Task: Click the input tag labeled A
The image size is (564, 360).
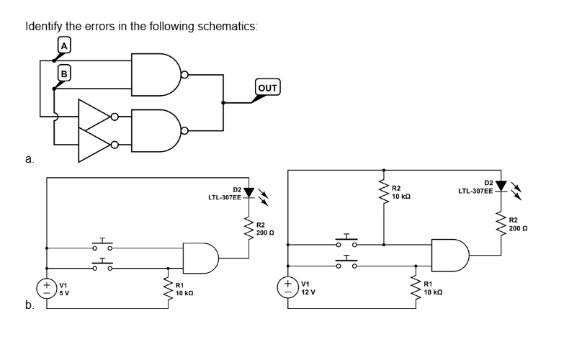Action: tap(64, 45)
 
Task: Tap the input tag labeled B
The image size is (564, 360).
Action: tap(64, 72)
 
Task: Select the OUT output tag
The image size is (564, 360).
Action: tap(267, 88)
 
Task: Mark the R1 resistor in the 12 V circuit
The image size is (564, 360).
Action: tap(416, 289)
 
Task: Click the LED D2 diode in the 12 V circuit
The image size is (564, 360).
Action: tap(501, 189)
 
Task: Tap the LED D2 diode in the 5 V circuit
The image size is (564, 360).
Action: tap(249, 193)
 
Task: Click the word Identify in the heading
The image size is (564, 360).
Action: tap(43, 27)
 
